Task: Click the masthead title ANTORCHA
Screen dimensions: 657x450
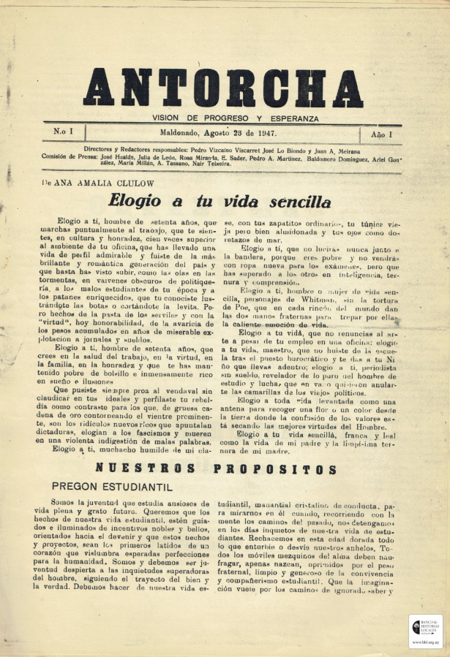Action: pyautogui.click(x=223, y=88)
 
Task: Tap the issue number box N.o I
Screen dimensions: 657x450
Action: pyautogui.click(x=63, y=133)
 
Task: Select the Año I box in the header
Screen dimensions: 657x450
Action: pyautogui.click(x=381, y=134)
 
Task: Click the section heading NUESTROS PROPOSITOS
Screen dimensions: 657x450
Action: pyautogui.click(x=216, y=469)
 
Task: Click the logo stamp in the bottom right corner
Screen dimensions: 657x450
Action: pyautogui.click(x=425, y=631)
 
